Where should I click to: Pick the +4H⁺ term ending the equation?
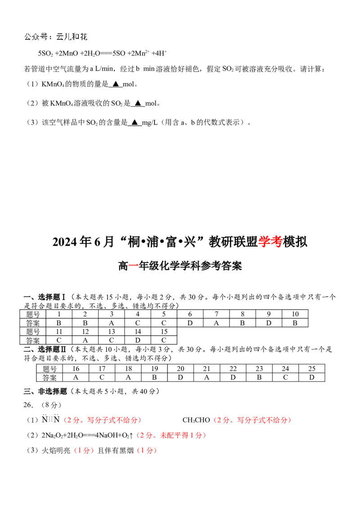(160, 54)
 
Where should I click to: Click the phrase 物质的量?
(90, 84)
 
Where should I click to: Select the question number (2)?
(32, 103)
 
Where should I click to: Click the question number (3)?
(32, 122)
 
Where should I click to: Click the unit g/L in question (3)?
(148, 122)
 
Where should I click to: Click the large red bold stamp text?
(270, 242)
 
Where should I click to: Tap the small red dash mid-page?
(134, 265)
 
